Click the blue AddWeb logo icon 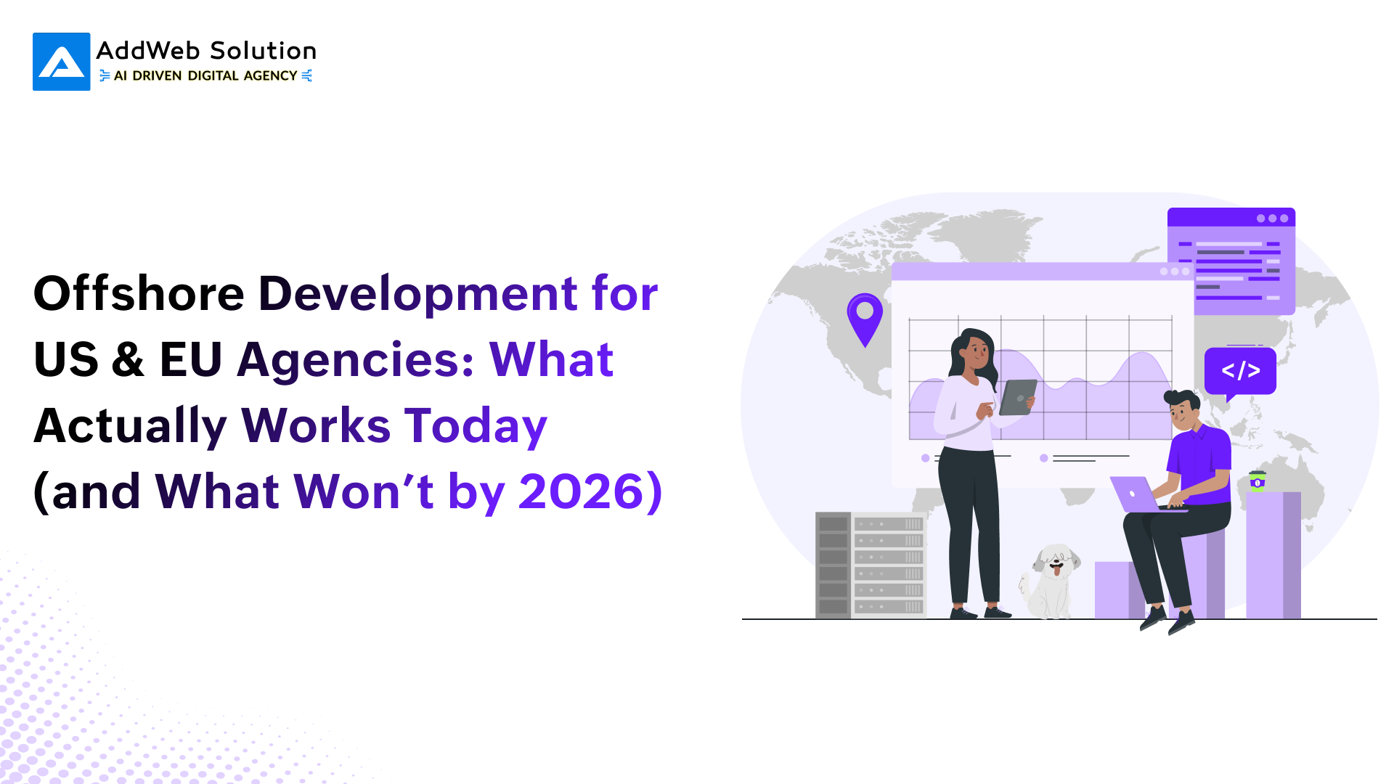62,62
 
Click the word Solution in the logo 263,51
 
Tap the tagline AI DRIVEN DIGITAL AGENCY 205,75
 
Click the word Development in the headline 418,295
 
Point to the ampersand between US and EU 129,359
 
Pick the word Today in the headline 476,427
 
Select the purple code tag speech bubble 1240,372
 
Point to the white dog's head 1056,560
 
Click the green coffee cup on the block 1258,481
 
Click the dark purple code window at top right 1231,261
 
